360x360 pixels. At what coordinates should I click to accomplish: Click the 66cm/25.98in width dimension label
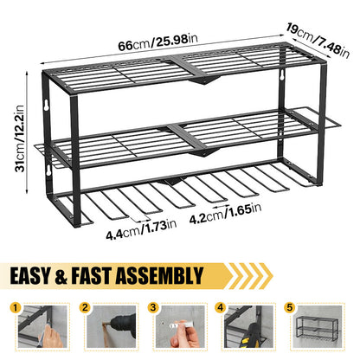tap(157, 42)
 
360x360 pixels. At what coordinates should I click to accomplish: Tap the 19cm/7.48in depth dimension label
tap(318, 40)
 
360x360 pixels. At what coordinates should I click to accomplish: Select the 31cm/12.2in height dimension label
tap(20, 138)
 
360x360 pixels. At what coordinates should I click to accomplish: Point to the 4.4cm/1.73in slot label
tap(141, 230)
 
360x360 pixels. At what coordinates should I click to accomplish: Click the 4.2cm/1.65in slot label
tap(225, 213)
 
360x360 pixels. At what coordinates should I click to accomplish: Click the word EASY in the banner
tap(30, 276)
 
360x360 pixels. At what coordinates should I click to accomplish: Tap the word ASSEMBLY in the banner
tap(159, 276)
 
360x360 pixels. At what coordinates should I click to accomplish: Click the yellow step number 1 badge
tap(15, 307)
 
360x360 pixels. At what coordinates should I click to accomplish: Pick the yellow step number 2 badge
tap(85, 307)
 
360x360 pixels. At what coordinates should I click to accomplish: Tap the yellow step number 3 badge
tap(153, 307)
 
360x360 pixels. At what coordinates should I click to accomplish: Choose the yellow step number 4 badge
tap(221, 307)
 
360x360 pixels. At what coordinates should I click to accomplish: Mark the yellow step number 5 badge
tap(289, 307)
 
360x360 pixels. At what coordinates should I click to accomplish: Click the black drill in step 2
tap(123, 326)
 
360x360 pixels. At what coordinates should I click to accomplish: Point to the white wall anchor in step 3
tap(178, 325)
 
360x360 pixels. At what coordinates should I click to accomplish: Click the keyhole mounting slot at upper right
tap(281, 74)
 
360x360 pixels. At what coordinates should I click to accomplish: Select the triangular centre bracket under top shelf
tap(204, 80)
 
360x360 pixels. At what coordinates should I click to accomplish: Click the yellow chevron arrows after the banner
tap(250, 276)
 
